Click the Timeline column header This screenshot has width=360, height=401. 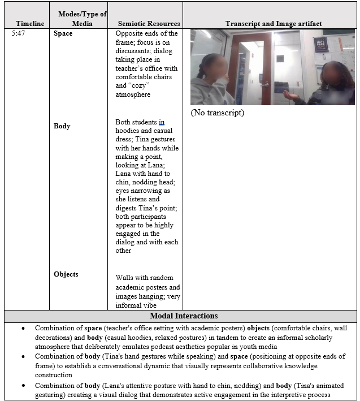30,24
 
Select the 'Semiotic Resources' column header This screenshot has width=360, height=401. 149,24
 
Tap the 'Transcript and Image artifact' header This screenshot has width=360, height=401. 274,24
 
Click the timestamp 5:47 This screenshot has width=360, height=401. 19,34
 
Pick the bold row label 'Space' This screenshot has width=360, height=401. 63,34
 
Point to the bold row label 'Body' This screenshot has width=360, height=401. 62,126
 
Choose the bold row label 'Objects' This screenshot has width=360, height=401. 66,274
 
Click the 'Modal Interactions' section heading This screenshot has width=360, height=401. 184,316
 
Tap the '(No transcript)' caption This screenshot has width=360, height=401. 218,113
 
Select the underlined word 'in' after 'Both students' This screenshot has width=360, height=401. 162,122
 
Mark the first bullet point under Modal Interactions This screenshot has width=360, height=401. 23,328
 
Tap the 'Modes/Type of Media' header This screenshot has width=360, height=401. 82,19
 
